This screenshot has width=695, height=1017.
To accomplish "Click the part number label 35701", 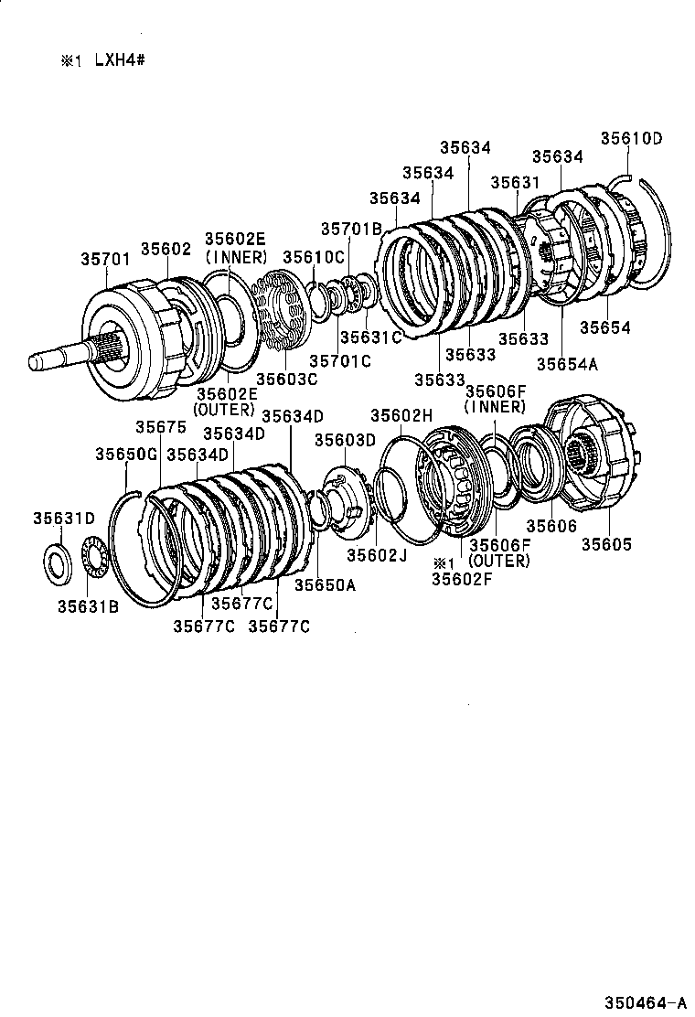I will tap(109, 260).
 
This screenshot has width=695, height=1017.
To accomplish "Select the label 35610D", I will tap(631, 139).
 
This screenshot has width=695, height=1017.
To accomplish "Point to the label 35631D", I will tap(64, 518).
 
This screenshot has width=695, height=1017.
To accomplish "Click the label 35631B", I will tap(88, 605).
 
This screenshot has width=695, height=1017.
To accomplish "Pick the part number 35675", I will tap(161, 427).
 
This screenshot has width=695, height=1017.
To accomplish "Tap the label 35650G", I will tap(126, 454).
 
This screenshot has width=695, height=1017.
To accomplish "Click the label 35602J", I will tap(376, 553).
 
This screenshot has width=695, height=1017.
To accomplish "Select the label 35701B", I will tap(351, 229).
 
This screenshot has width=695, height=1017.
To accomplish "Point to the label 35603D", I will tap(346, 440).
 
